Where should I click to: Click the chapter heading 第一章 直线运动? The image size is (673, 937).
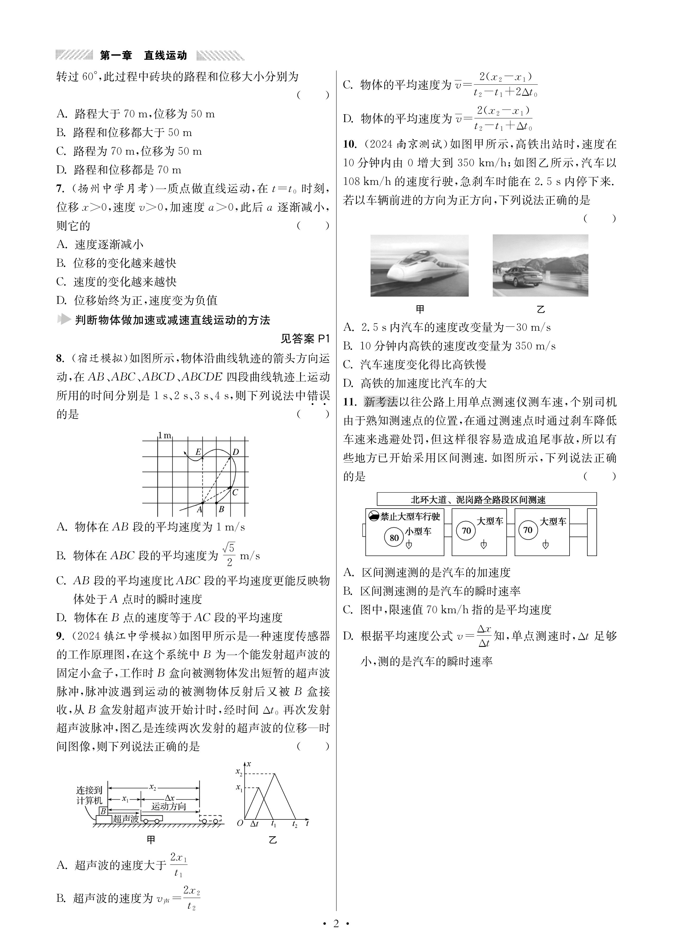click(x=143, y=55)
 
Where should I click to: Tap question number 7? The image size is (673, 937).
click(x=60, y=189)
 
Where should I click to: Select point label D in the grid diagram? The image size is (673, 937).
click(x=235, y=452)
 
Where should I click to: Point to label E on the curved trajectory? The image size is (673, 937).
click(x=198, y=452)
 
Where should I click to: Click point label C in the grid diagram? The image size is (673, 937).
click(x=235, y=492)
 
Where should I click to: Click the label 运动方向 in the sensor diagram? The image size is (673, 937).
click(x=168, y=806)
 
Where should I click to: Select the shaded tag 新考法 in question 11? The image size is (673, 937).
click(x=380, y=402)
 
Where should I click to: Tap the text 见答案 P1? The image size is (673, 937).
click(x=305, y=339)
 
